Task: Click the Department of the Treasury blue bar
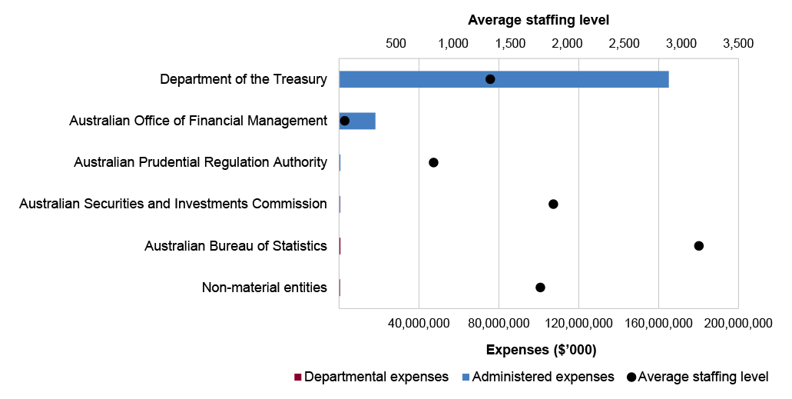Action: [x=503, y=79]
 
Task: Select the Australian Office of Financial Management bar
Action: [x=358, y=121]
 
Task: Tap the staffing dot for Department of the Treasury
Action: [x=490, y=79]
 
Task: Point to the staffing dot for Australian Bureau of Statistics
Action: [x=698, y=246]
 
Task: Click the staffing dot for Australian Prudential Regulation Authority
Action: [x=433, y=162]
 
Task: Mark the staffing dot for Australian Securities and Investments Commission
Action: [x=553, y=204]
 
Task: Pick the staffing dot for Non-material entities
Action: [x=540, y=288]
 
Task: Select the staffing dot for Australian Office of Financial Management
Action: [x=345, y=121]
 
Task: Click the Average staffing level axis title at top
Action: [x=538, y=20]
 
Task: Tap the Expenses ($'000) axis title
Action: [x=541, y=350]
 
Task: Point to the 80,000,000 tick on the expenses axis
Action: [x=499, y=323]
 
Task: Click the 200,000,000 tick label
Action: [x=737, y=323]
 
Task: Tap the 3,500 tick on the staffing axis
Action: [x=738, y=43]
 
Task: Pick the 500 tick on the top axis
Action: [x=396, y=43]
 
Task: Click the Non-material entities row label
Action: [x=264, y=288]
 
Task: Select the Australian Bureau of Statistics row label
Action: [x=236, y=246]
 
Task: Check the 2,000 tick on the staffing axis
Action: [x=567, y=43]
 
